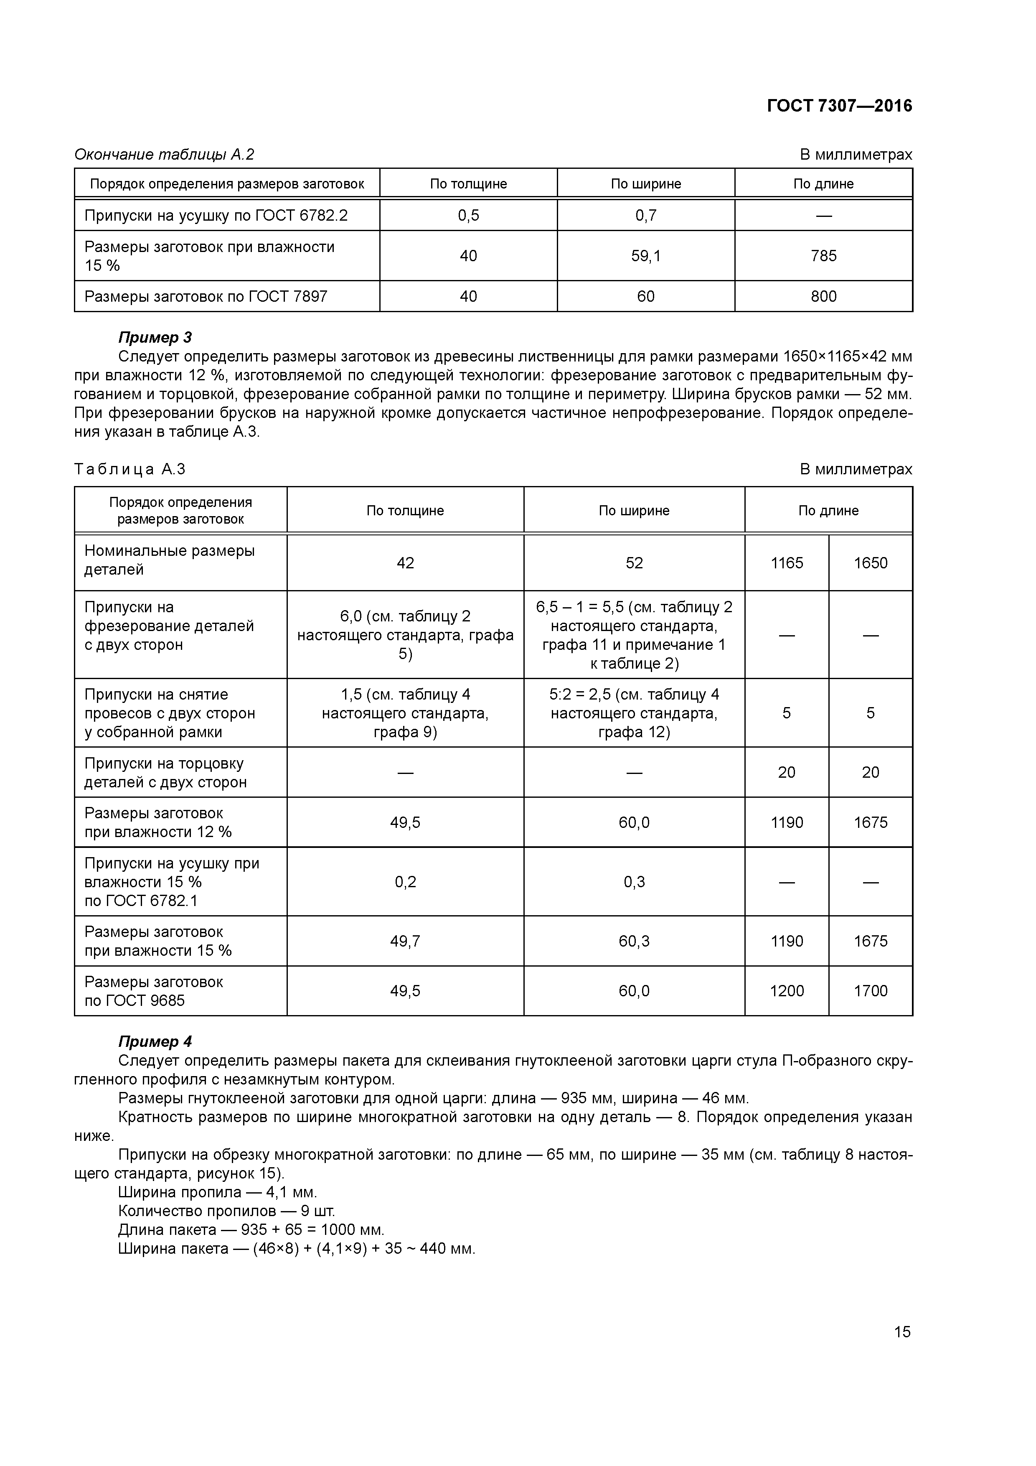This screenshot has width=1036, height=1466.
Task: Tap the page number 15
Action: (902, 1331)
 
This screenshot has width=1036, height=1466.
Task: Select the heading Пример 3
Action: (155, 337)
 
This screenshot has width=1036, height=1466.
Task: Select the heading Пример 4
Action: (155, 1041)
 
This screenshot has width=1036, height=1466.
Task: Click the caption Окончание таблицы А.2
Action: (165, 155)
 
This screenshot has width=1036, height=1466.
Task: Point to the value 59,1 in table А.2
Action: (645, 256)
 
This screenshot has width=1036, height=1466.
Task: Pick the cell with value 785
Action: (823, 256)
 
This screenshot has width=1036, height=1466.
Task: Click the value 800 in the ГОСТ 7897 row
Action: (823, 296)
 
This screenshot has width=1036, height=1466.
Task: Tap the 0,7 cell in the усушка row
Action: (645, 215)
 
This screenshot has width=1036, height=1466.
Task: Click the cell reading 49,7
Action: (405, 941)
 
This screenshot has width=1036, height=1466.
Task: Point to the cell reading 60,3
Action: (634, 941)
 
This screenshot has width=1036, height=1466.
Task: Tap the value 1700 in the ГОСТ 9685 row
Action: (870, 991)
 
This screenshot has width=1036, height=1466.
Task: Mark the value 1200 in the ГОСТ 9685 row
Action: (787, 991)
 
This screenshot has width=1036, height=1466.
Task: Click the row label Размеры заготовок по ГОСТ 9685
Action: (154, 991)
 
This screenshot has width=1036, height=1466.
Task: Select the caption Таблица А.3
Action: (130, 469)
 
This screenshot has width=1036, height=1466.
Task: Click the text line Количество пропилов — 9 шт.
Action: (226, 1211)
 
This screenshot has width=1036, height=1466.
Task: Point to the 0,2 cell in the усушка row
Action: (405, 882)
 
